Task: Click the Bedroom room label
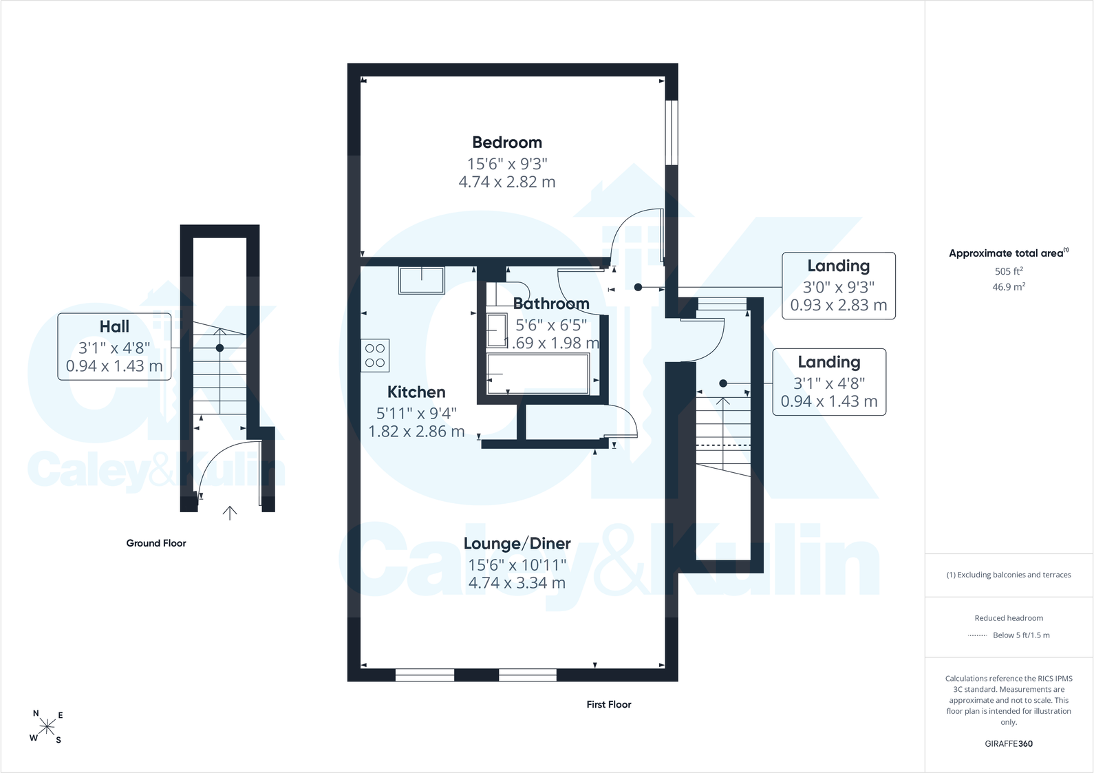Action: pyautogui.click(x=507, y=142)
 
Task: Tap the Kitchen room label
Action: pyautogui.click(x=416, y=392)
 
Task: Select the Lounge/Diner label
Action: pyautogui.click(x=517, y=543)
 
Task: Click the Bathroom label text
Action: pyautogui.click(x=551, y=304)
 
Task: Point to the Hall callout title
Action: pyautogui.click(x=114, y=326)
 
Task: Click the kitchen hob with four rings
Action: pyautogui.click(x=375, y=355)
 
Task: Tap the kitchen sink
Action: pyautogui.click(x=422, y=280)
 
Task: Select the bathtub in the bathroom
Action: pyautogui.click(x=538, y=374)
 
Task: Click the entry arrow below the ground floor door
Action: pyautogui.click(x=230, y=513)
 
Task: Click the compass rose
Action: pyautogui.click(x=47, y=727)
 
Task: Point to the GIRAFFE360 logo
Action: pyautogui.click(x=1009, y=743)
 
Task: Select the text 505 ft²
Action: pyautogui.click(x=1009, y=271)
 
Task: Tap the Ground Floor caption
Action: pyautogui.click(x=156, y=543)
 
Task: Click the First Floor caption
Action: pyautogui.click(x=608, y=705)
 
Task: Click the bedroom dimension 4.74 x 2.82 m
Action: pyautogui.click(x=507, y=182)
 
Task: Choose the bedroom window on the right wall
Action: pyautogui.click(x=672, y=132)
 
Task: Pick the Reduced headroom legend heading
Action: pyautogui.click(x=1009, y=618)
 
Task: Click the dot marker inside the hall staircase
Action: pyautogui.click(x=219, y=348)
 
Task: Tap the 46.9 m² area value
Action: pyautogui.click(x=1009, y=287)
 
